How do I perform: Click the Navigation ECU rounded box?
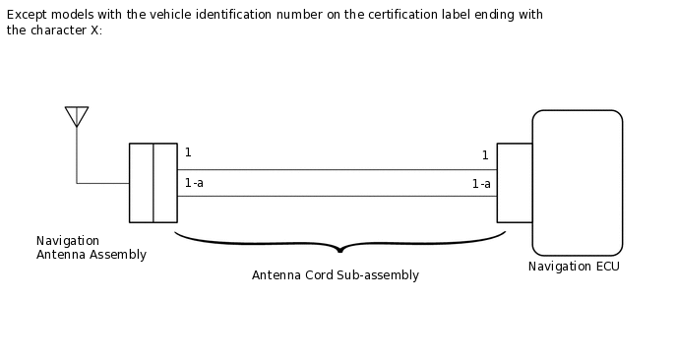[577, 182]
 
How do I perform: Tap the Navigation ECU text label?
[574, 267]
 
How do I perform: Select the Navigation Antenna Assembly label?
[91, 248]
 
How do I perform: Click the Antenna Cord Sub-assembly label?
[336, 275]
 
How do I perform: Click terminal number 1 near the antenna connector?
[188, 152]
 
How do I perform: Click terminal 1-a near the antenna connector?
[194, 183]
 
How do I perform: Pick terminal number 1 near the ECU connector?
[485, 155]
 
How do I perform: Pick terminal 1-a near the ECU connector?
[481, 184]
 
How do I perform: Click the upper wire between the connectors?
[337, 169]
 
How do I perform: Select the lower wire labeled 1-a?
[337, 196]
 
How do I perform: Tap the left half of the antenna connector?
[141, 183]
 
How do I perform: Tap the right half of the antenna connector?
[165, 183]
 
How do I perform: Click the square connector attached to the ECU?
[515, 183]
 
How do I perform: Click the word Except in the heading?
[27, 15]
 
